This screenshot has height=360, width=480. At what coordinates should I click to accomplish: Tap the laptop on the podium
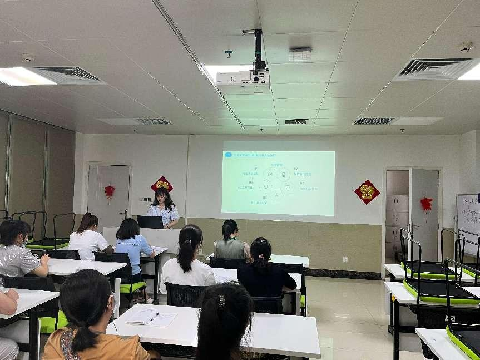tap(150, 222)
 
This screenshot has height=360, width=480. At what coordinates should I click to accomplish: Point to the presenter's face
tap(163, 198)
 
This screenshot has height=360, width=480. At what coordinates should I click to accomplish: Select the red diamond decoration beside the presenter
tap(161, 184)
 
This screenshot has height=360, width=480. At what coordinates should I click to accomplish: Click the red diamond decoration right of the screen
tap(367, 192)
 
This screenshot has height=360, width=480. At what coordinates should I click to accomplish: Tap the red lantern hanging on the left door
tap(110, 191)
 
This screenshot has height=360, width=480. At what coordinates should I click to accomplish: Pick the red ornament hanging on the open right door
tap(426, 204)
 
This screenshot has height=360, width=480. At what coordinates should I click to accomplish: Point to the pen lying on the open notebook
tap(152, 317)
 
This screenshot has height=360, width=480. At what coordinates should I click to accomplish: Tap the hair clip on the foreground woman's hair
tap(221, 301)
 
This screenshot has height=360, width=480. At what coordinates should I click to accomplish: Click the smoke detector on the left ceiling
tap(27, 57)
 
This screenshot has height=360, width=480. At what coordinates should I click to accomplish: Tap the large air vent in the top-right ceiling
tap(434, 69)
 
